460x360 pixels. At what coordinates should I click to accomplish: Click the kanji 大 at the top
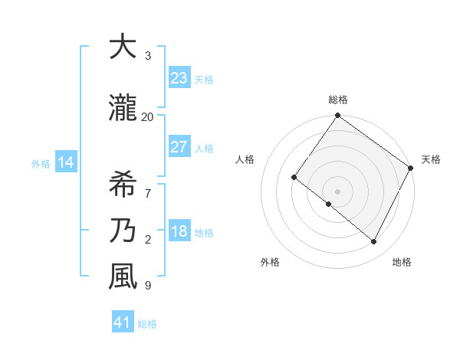click(123, 47)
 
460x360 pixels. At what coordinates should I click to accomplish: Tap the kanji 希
click(123, 185)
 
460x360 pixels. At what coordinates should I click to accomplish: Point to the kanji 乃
click(123, 230)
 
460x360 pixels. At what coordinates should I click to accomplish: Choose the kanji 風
click(123, 276)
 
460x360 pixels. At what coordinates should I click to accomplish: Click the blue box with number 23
click(179, 78)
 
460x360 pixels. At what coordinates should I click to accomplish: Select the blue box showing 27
click(179, 147)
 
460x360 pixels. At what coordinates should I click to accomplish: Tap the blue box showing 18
click(179, 231)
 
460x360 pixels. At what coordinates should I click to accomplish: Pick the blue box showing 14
click(66, 162)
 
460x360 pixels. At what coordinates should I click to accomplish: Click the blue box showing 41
click(123, 322)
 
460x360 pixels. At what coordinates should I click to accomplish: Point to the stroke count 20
click(147, 116)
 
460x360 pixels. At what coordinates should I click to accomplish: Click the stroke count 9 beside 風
click(147, 286)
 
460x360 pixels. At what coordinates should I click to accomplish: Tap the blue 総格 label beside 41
click(147, 324)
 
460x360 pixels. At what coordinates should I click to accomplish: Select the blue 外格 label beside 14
click(40, 163)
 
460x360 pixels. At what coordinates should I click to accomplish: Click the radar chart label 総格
click(337, 100)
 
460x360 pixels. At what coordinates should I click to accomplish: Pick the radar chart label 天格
click(431, 159)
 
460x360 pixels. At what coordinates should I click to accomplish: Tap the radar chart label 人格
click(245, 159)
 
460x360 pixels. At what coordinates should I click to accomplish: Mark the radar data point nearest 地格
click(373, 242)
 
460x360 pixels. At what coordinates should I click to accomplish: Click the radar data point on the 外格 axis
click(329, 204)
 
